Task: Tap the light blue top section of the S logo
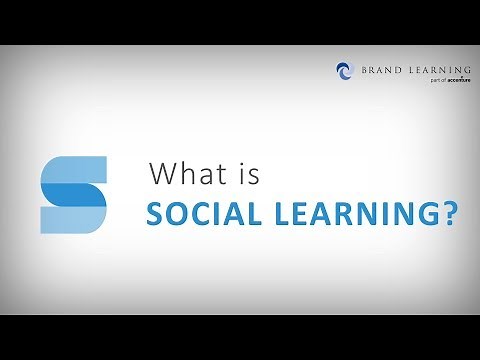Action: click(x=74, y=168)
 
